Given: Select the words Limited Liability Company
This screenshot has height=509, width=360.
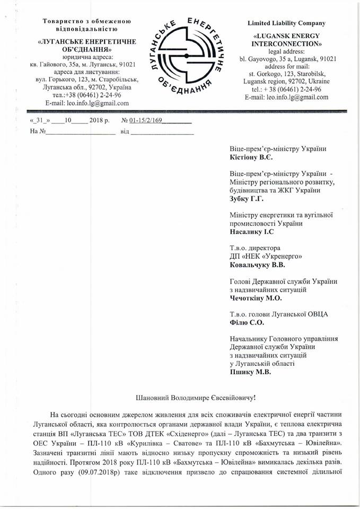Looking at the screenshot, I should click(287, 23).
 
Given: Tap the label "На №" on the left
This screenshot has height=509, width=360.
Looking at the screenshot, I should click(37, 130).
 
